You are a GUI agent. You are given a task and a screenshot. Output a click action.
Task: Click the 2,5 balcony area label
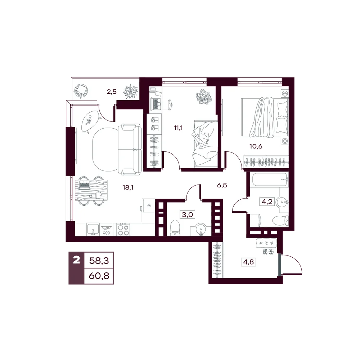112,92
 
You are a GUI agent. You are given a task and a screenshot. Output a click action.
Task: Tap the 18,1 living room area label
128,188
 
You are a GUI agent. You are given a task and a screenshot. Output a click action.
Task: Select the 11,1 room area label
178,128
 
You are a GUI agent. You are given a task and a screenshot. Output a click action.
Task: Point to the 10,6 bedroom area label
256,146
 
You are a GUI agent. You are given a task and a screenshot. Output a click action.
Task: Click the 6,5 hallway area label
222,185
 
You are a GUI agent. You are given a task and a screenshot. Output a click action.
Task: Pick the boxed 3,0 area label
187,215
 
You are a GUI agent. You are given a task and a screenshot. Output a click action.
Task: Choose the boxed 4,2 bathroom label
267,202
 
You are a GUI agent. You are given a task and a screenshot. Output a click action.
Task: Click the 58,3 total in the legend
99,261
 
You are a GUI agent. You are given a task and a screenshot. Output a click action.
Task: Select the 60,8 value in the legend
99,276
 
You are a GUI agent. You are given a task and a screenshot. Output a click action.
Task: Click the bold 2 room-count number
76,260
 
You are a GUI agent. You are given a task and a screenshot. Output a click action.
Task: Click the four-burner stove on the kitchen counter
123,230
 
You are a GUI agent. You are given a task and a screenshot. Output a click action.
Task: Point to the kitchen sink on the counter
93,230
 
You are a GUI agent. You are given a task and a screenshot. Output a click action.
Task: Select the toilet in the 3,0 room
176,228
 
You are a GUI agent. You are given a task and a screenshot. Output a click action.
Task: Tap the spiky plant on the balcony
131,91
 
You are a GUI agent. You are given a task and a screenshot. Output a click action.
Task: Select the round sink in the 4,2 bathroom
282,202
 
